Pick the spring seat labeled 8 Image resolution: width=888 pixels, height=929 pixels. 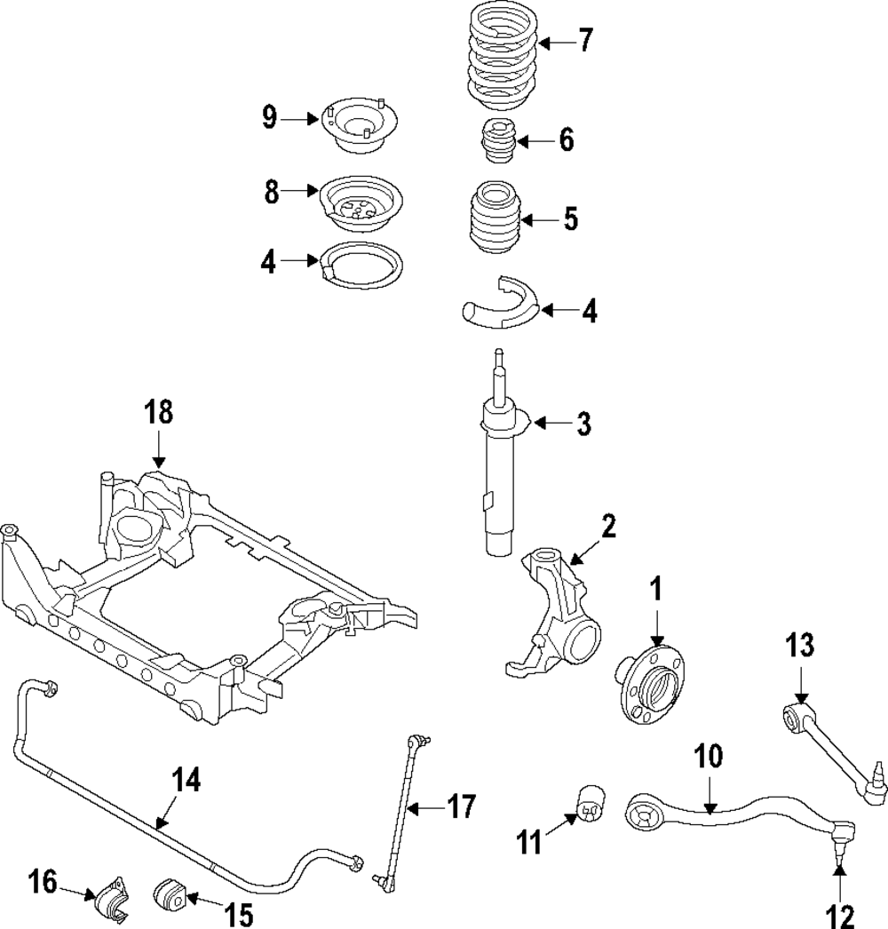(360, 201)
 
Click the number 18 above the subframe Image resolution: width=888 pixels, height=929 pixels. (160, 414)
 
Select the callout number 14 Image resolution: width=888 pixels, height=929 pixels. (186, 781)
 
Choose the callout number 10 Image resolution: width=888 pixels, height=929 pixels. (709, 757)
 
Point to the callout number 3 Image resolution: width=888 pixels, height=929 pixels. (583, 424)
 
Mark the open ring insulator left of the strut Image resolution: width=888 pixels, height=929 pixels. (361, 264)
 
